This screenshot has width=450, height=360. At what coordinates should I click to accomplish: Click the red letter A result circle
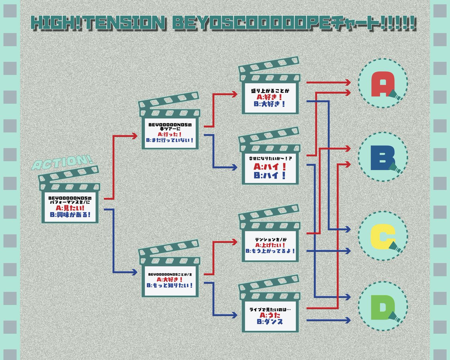(382, 83)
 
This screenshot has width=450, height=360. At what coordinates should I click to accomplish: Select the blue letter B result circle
(382, 157)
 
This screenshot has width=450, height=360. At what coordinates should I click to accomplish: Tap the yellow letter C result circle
(382, 236)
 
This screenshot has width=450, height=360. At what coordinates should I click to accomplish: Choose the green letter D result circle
(382, 306)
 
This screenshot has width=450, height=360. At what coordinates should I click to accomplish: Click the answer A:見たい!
(70, 208)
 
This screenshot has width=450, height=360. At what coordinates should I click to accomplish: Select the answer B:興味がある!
(70, 214)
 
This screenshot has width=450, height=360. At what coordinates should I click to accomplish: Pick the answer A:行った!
(170, 134)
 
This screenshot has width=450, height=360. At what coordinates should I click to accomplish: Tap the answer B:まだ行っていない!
(170, 140)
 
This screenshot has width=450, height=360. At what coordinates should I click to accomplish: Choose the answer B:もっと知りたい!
(169, 285)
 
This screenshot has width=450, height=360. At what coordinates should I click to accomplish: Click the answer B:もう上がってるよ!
(270, 251)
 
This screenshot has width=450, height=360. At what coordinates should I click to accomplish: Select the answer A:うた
(270, 315)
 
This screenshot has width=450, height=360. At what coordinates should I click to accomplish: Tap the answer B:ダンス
(270, 322)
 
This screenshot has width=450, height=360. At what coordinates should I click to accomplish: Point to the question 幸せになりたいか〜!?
(270, 159)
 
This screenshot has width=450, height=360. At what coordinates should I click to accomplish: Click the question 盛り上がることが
(270, 91)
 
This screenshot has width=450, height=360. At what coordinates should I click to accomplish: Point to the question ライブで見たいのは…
(270, 309)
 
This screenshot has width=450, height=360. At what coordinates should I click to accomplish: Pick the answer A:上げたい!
(270, 245)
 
